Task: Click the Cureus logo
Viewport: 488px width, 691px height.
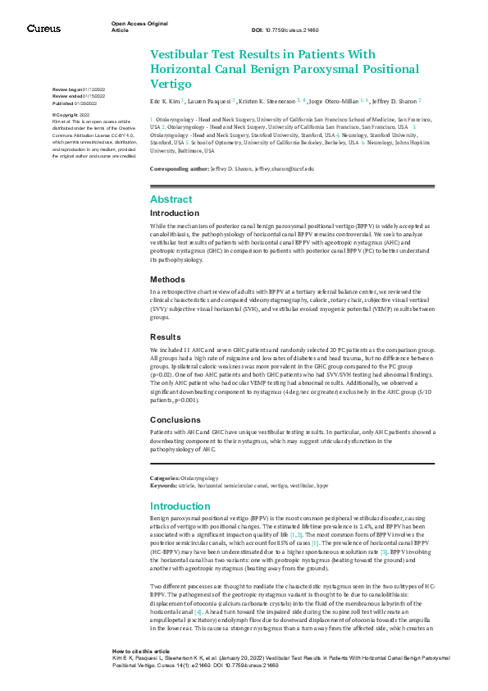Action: [x=43, y=29]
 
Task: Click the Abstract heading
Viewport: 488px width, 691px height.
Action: [x=172, y=199]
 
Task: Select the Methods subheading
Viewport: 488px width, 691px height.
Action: [x=167, y=278]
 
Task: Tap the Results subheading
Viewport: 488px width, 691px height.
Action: [x=165, y=336]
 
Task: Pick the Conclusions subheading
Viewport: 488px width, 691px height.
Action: [x=175, y=418]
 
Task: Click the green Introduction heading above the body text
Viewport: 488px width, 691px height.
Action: [x=181, y=506]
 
